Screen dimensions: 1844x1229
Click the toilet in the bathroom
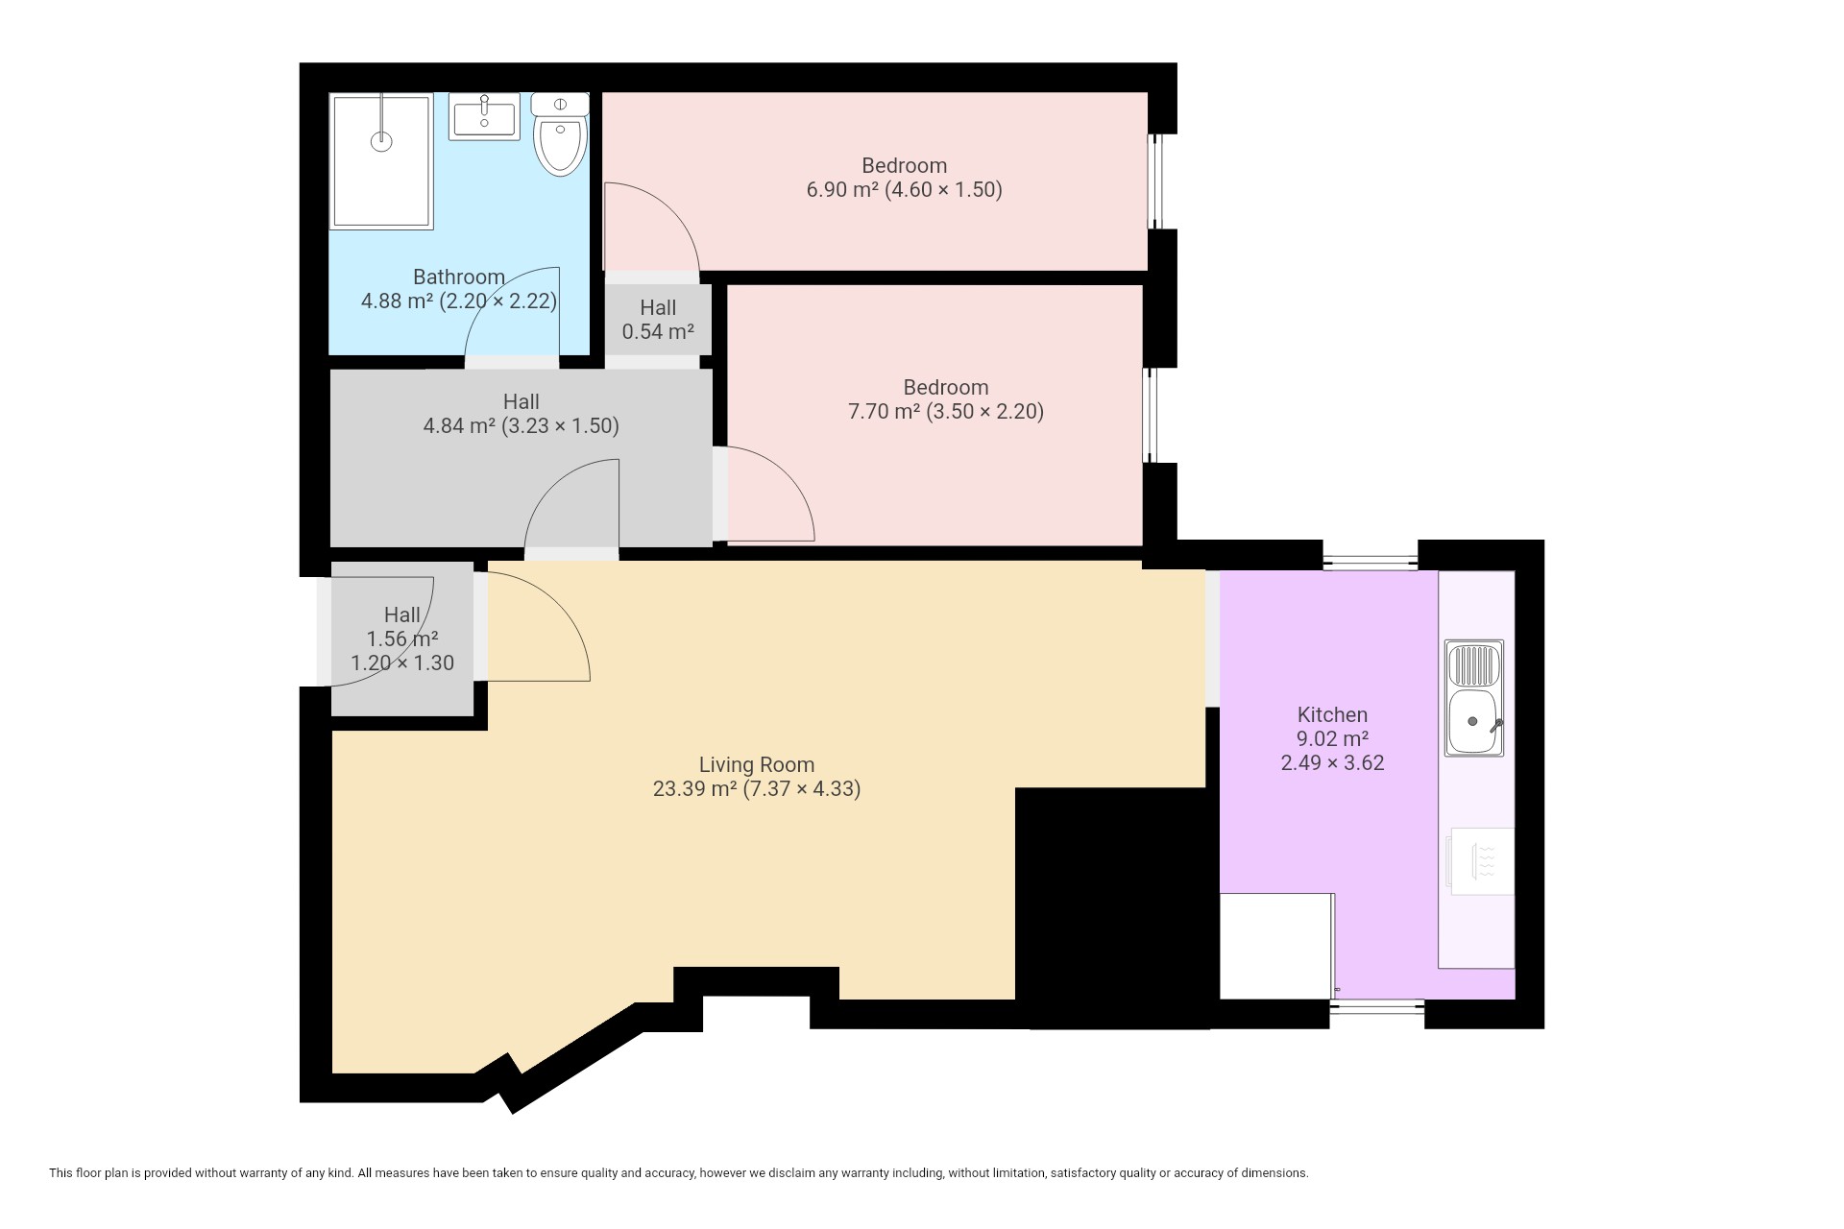click(560, 134)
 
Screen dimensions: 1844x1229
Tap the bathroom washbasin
click(484, 117)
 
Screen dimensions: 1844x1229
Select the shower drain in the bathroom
click(382, 141)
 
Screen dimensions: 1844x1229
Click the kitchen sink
click(1474, 698)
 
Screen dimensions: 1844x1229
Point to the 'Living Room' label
click(757, 765)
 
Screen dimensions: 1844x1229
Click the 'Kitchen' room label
click(1332, 714)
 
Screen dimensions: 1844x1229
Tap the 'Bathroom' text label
click(459, 277)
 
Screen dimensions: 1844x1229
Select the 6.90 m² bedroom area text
click(904, 190)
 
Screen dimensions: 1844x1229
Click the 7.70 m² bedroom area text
click(946, 412)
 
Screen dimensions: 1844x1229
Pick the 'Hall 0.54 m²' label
click(658, 320)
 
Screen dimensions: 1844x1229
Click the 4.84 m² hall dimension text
click(522, 426)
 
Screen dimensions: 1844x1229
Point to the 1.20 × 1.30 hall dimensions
click(402, 663)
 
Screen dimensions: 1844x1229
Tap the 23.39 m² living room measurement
click(757, 789)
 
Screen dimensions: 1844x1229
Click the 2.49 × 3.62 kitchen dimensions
click(1332, 763)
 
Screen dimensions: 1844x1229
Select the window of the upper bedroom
click(1157, 181)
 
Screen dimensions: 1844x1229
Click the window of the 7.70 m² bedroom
click(1150, 415)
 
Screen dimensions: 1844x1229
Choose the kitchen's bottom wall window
click(1377, 1007)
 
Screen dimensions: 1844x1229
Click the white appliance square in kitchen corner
click(1276, 946)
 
